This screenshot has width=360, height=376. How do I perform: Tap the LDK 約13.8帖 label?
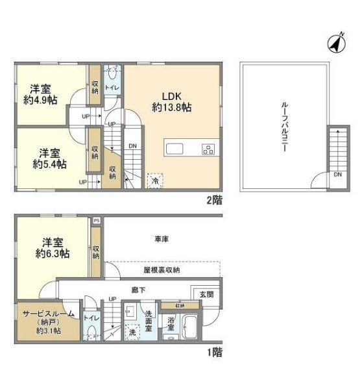click(x=171, y=101)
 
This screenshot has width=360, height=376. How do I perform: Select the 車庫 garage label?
click(x=162, y=240)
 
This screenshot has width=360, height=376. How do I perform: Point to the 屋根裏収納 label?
click(x=162, y=269)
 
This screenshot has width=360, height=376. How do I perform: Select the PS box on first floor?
click(x=96, y=221)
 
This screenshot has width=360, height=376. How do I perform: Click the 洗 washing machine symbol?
click(x=132, y=332)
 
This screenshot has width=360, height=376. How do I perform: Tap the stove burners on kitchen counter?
click(x=208, y=149)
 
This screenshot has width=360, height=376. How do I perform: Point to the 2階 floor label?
click(x=213, y=200)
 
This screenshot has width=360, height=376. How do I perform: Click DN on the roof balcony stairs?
click(x=337, y=175)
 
